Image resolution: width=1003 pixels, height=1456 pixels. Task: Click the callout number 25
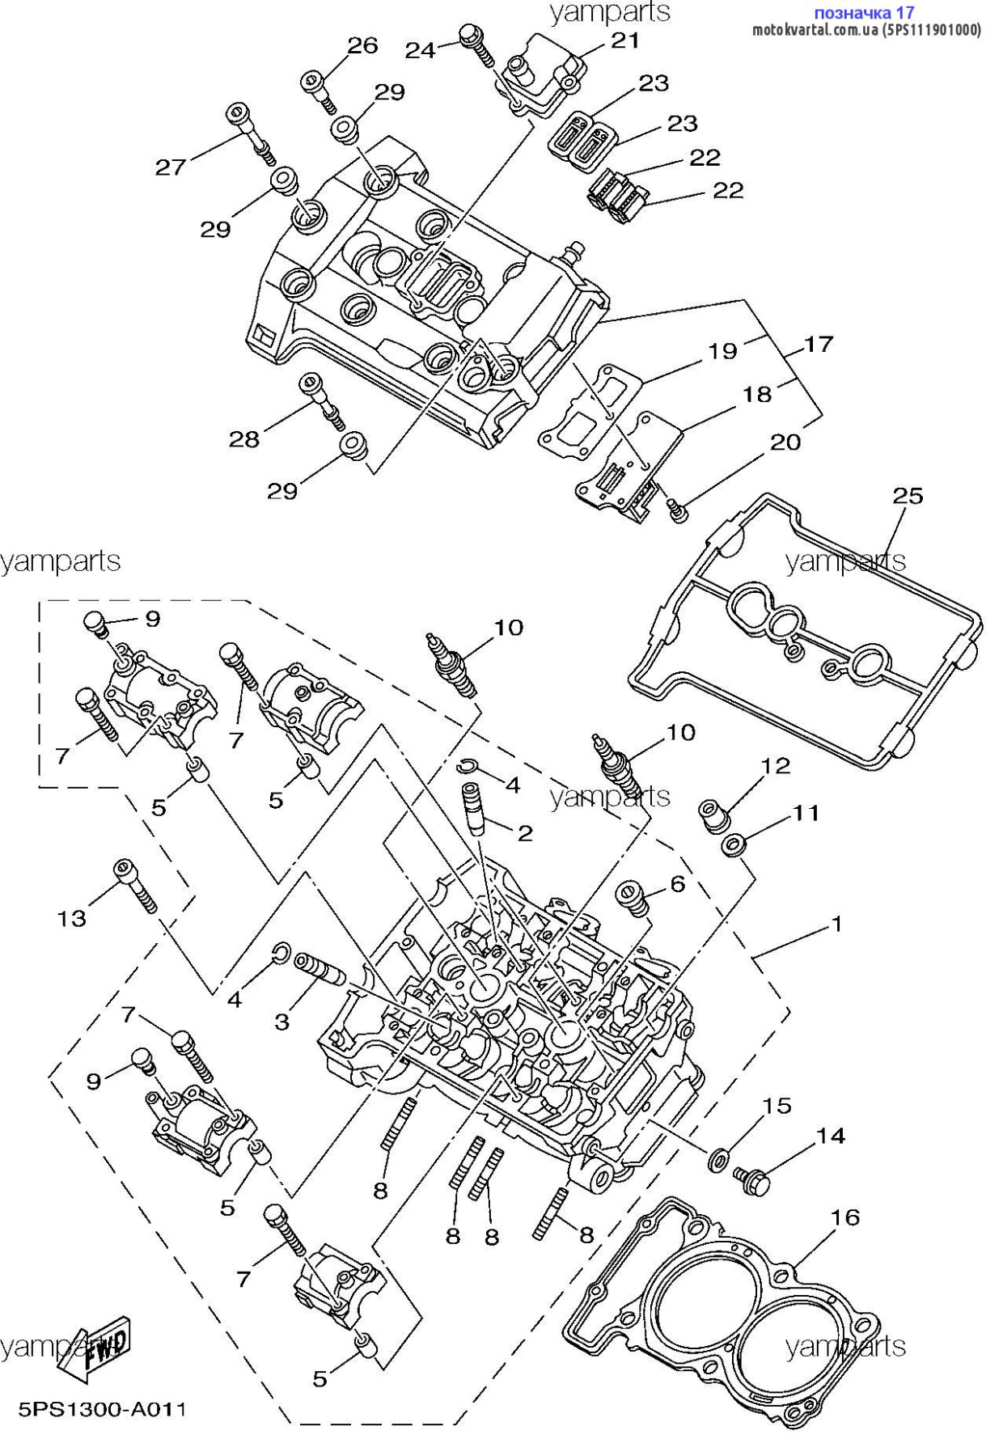pos(908,496)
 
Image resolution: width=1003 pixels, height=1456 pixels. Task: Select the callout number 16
pos(845,1217)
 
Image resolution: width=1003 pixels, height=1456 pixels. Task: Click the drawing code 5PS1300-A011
pos(103,1410)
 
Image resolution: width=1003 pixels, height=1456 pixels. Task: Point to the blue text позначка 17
pos(864,12)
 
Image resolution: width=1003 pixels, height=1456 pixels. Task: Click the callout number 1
pos(837,924)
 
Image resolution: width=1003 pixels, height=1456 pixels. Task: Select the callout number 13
pos(71,919)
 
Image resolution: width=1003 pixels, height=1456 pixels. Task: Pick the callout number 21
pos(625,40)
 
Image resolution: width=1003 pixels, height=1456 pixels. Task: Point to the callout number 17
pos(819,345)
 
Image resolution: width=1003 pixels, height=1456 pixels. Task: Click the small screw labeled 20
pos(678,510)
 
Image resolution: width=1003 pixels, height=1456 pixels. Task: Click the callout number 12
pos(776,765)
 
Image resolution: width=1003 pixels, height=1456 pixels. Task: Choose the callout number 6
pos(678,884)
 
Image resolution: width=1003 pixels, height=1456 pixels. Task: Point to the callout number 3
pos(281,1022)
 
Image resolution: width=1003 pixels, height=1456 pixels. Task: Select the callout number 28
pos(244,439)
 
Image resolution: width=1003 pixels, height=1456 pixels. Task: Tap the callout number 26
pos(362,45)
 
